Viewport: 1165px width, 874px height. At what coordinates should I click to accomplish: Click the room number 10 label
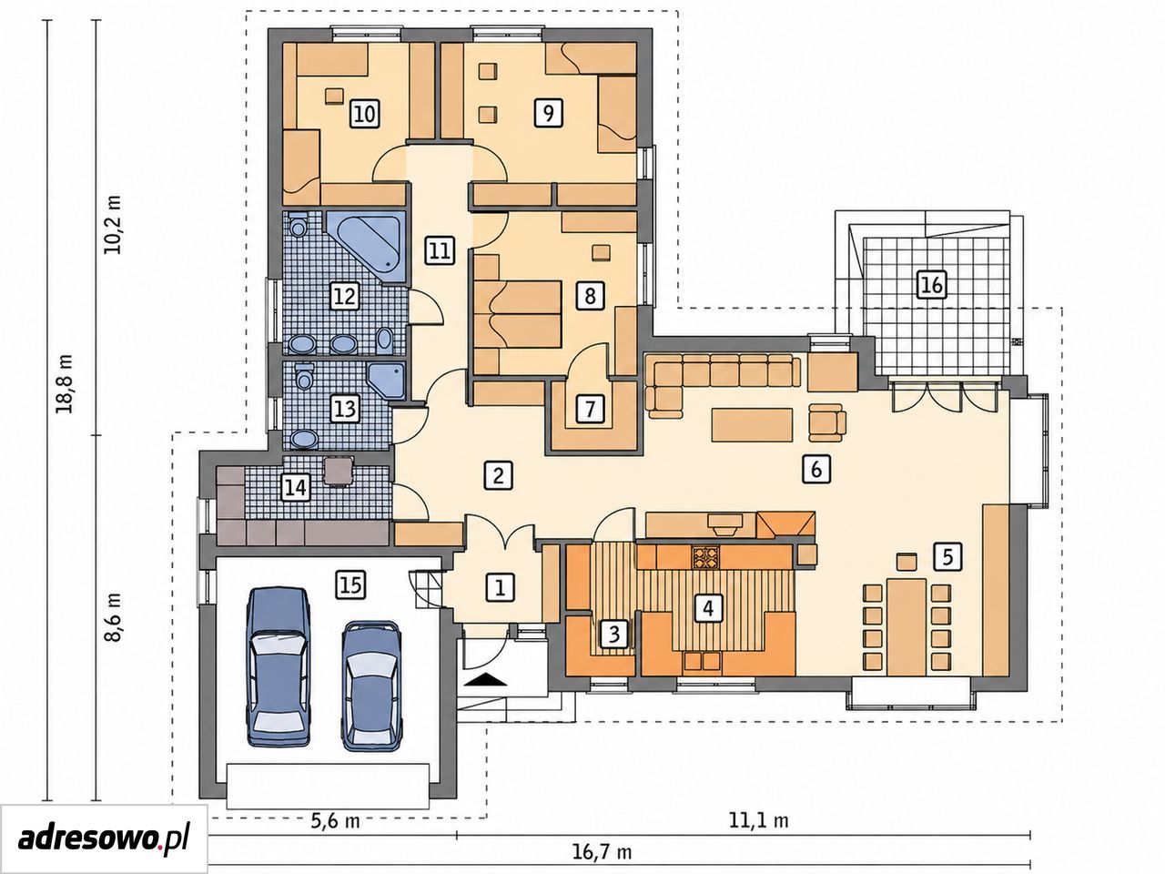point(365,114)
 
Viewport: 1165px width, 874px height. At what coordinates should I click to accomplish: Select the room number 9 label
point(548,113)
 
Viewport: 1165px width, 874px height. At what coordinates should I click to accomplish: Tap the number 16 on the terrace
point(933,285)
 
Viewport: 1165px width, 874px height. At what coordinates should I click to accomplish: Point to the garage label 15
point(351,585)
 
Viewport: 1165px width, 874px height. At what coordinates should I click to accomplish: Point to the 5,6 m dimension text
point(336,821)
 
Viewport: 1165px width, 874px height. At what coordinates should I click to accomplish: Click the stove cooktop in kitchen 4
point(704,558)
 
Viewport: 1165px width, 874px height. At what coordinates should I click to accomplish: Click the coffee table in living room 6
point(752,424)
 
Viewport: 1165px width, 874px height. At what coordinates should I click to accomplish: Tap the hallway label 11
point(440,250)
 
